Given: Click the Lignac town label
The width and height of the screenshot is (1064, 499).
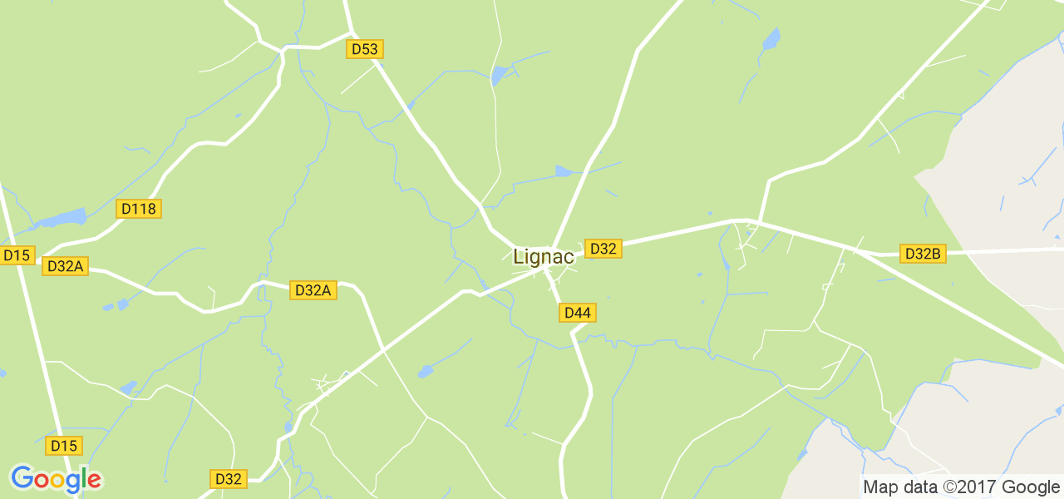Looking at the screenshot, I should point(544,257).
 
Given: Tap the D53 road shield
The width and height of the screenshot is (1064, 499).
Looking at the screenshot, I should point(364,49).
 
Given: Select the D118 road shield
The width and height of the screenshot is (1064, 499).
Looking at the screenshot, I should point(139,209).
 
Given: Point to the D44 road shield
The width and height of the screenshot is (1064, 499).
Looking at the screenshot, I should point(577,313).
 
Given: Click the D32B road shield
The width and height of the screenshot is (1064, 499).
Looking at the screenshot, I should point(923,254).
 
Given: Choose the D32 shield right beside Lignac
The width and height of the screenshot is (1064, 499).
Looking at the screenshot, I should point(603,248).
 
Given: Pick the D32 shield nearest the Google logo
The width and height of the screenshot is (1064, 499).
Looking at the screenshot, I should point(228,478).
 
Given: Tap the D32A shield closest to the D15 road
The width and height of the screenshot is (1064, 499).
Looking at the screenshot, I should point(66,266).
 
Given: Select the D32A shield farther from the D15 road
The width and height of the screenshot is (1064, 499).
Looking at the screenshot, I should point(313,290).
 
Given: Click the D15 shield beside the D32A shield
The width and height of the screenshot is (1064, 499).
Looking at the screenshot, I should point(17,255).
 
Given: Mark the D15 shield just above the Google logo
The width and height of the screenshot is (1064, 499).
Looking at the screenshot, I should point(64,445).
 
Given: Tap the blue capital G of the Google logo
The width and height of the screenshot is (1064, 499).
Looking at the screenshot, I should point(22,479).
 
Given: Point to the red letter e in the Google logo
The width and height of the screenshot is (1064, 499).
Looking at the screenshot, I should point(94,480).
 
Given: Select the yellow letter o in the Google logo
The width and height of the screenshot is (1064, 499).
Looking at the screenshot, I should point(58,481).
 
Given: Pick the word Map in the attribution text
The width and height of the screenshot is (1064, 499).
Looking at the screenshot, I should point(879,487).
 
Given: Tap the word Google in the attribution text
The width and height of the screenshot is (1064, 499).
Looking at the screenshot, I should point(1031,487).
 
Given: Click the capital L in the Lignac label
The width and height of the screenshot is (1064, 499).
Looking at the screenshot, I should point(519,257).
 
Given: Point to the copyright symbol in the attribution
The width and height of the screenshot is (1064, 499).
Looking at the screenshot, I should point(948,487).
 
